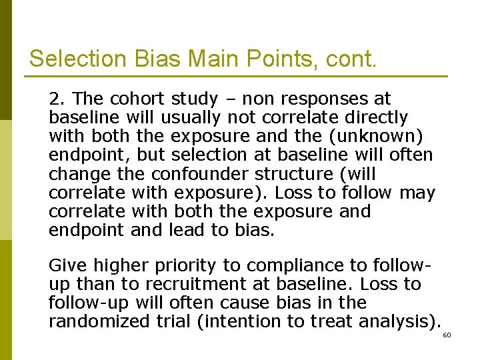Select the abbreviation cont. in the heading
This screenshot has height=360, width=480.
pos(351,59)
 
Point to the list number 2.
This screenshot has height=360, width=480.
pos(55,99)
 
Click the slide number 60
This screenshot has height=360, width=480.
pos(447,335)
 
